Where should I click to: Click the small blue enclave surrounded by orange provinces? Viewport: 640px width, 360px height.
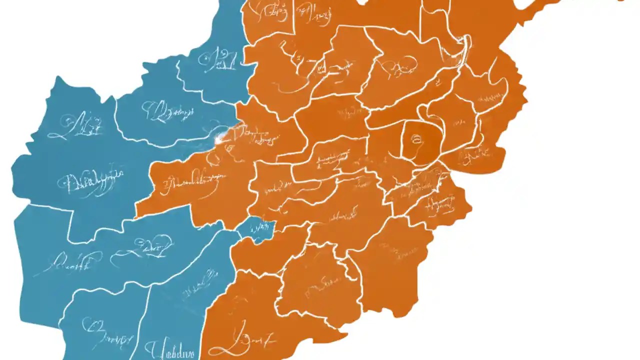256,229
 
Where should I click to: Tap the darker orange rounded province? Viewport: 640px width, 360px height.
421,142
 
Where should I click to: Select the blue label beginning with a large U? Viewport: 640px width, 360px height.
170,350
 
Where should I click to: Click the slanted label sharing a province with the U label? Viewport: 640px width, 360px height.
200,285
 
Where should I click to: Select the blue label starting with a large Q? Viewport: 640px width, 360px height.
165,112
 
